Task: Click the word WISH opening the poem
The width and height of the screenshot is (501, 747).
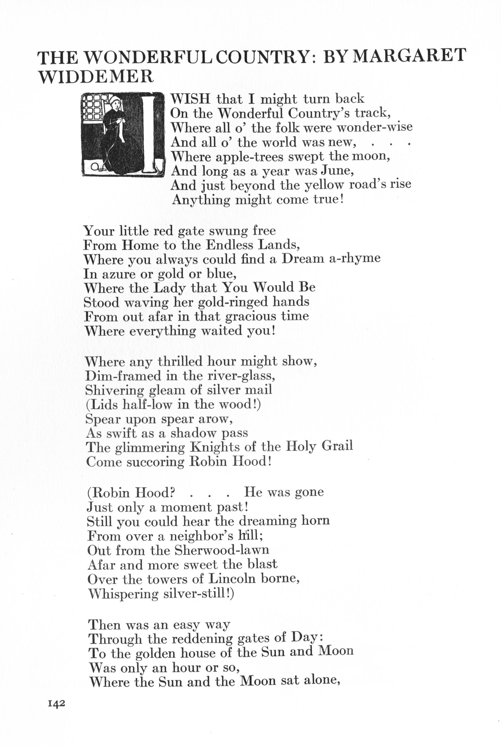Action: [x=190, y=99]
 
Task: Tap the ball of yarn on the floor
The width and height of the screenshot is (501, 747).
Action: [x=95, y=166]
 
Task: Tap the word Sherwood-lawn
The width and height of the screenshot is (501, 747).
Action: [x=222, y=550]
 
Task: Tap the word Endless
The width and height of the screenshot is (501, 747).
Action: [x=229, y=245]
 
